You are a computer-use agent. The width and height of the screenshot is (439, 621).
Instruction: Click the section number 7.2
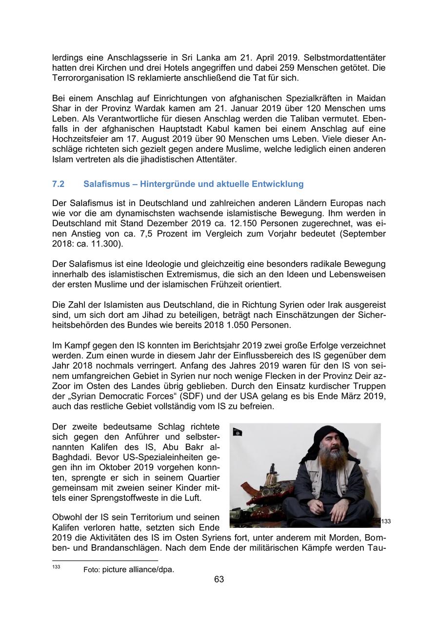click(59, 184)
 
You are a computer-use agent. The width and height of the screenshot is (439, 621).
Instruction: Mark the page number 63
click(219, 580)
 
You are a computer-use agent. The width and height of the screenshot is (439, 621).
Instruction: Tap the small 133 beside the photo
click(386, 521)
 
